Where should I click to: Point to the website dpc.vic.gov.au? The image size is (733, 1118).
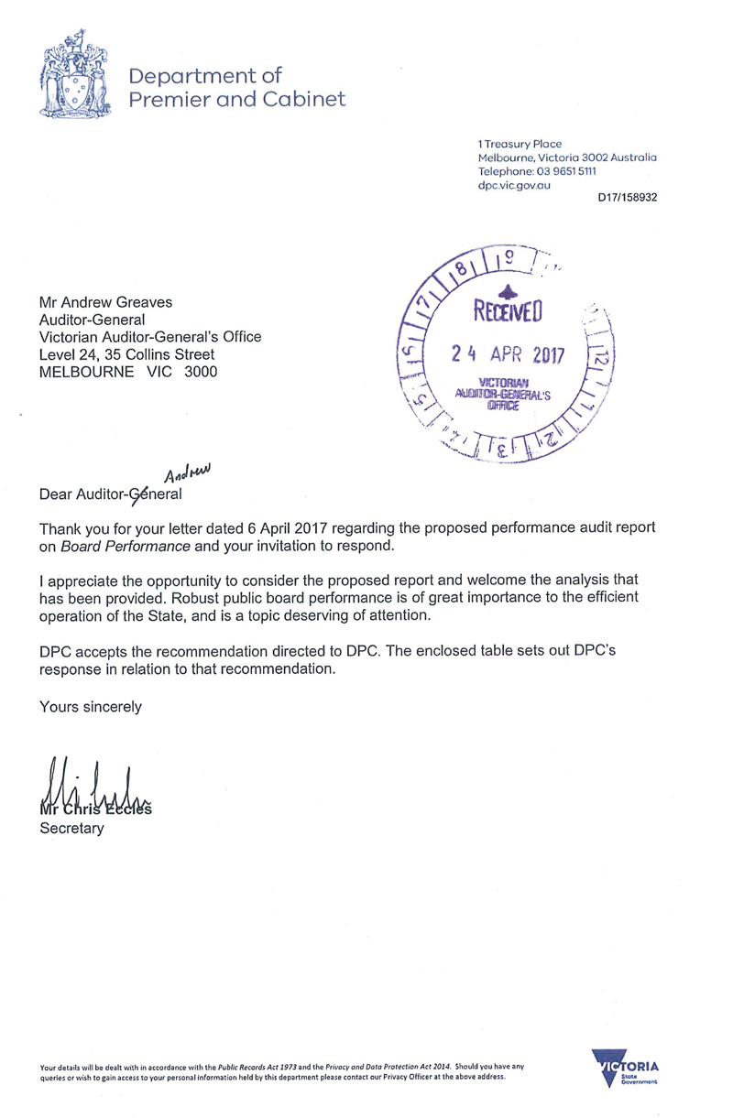[x=514, y=185]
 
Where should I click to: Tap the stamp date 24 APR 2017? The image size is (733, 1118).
[x=510, y=354]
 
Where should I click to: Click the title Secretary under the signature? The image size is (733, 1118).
[x=71, y=829]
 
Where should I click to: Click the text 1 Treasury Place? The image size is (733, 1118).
[x=520, y=144]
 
